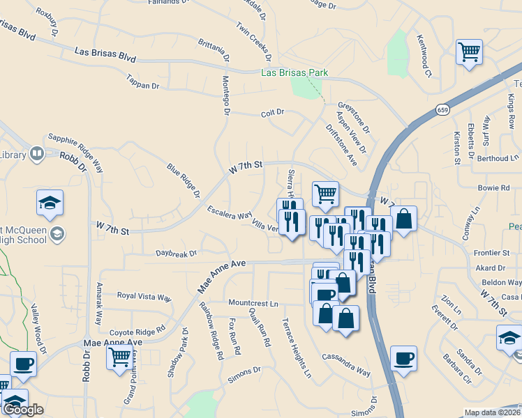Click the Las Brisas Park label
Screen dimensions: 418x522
click(x=294, y=72)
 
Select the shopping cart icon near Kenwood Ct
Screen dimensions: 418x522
click(x=469, y=52)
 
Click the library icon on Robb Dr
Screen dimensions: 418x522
click(x=36, y=153)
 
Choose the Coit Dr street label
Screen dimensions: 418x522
click(x=272, y=112)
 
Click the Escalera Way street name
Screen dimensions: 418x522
click(x=229, y=212)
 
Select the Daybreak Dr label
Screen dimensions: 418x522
click(x=176, y=254)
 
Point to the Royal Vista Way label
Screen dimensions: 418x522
click(x=144, y=297)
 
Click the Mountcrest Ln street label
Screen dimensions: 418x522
click(x=253, y=304)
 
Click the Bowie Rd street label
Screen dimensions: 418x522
click(x=494, y=188)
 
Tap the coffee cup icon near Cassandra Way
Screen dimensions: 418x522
click(x=403, y=358)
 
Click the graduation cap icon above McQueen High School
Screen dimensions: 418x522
click(x=50, y=202)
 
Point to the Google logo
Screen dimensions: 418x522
click(x=23, y=410)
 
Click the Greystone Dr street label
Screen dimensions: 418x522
click(x=355, y=114)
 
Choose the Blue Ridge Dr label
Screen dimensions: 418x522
click(x=183, y=180)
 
